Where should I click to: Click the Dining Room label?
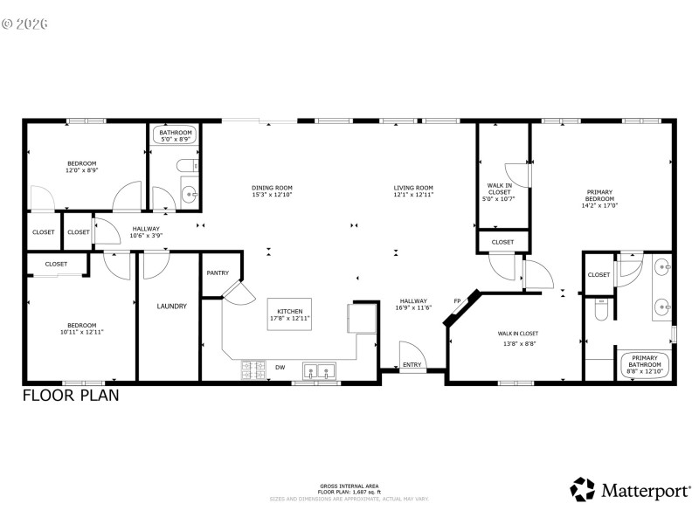tap(272, 188)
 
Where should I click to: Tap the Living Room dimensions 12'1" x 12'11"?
tap(413, 195)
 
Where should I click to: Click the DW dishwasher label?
tap(280, 367)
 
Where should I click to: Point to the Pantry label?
tap(218, 273)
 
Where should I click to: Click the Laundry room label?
tap(172, 307)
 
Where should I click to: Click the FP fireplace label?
tap(457, 302)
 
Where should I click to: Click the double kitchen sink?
tap(318, 371)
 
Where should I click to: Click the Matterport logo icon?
tap(583, 489)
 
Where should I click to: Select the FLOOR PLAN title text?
tap(71, 395)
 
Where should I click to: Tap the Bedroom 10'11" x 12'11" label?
tap(81, 328)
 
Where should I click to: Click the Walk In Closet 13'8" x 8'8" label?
tap(518, 337)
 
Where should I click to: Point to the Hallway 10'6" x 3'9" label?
tap(146, 232)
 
